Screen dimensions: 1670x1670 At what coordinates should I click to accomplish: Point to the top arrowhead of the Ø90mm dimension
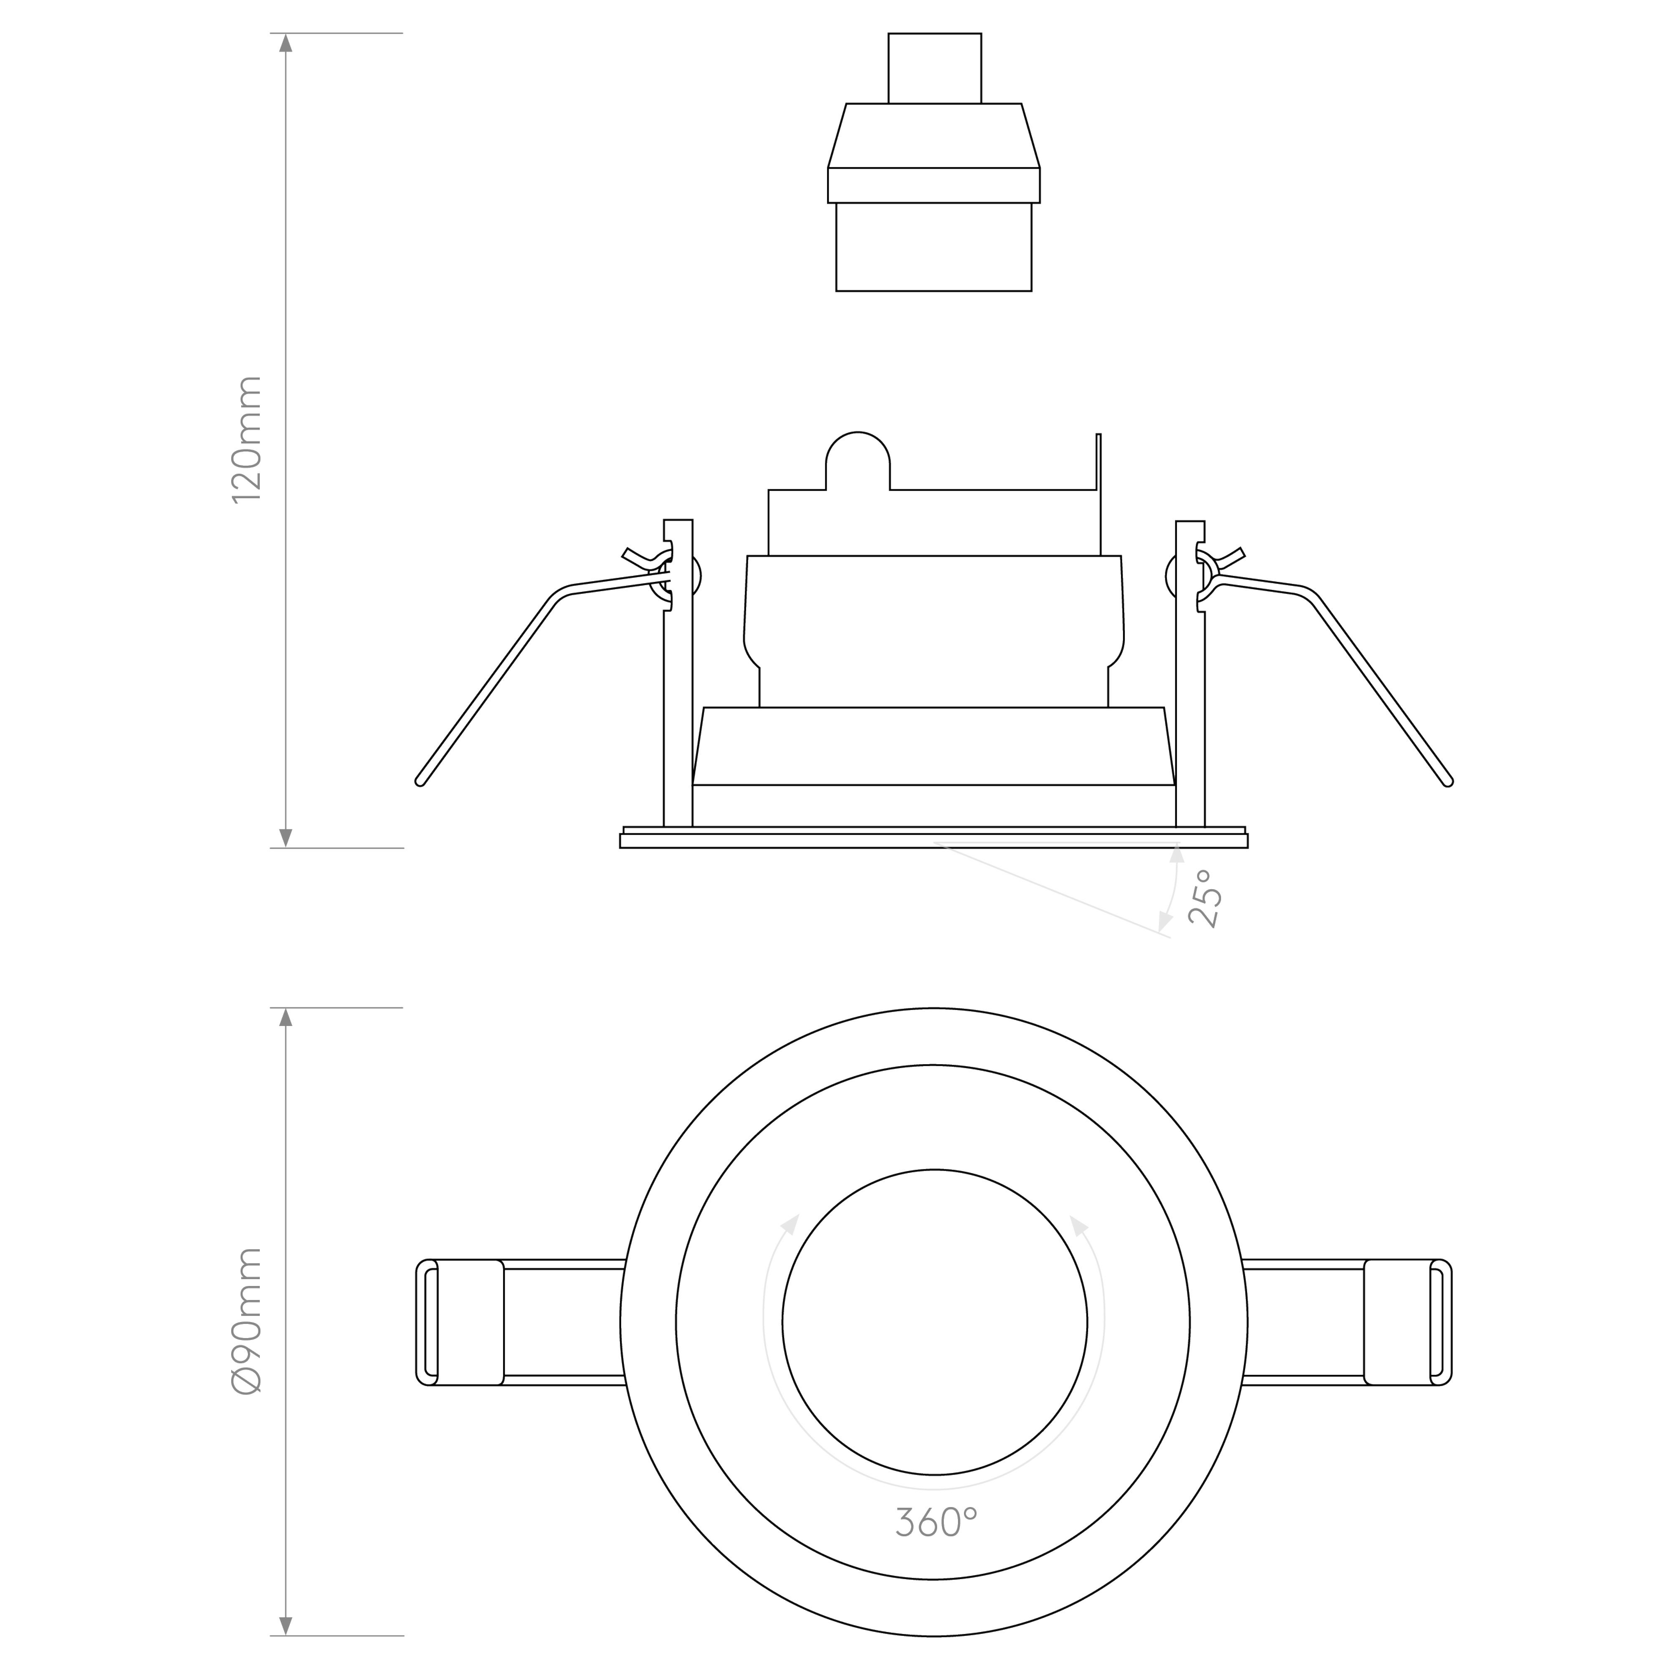286,1017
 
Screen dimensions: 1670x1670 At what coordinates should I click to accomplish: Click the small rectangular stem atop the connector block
934,68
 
